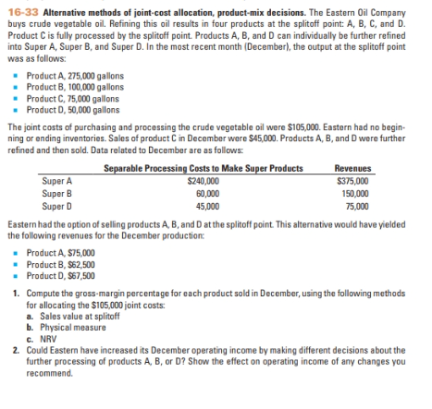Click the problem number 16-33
(20, 7)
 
